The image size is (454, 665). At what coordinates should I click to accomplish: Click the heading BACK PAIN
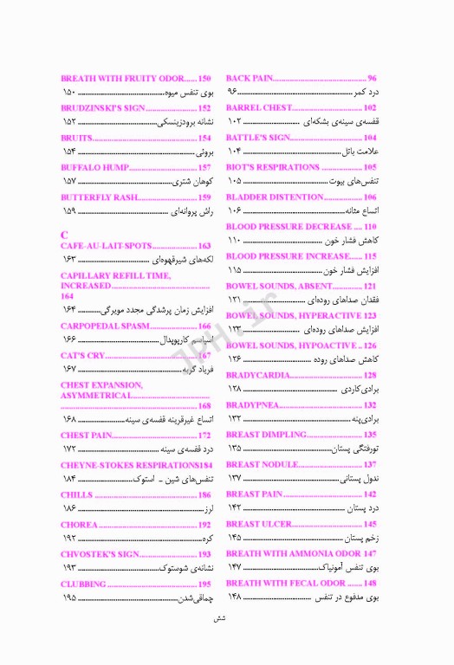click(250, 78)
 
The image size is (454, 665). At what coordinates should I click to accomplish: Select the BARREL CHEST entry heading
click(259, 107)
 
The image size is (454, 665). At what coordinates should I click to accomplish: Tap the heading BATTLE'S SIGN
click(257, 137)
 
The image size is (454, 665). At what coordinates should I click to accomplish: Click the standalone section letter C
click(64, 235)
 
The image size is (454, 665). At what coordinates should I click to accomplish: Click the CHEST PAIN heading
click(87, 434)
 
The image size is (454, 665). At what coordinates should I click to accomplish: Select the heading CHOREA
click(79, 523)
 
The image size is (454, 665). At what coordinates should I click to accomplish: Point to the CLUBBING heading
click(83, 583)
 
